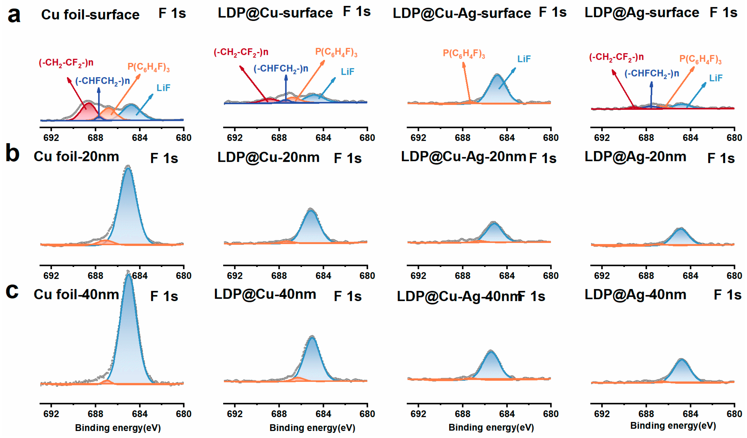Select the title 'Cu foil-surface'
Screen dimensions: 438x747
pyautogui.click(x=90, y=14)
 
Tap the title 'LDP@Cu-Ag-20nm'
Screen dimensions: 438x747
pyautogui.click(x=463, y=157)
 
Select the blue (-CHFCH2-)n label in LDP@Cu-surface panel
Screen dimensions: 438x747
pyautogui.click(x=281, y=69)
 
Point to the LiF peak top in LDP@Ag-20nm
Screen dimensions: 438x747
pyautogui.click(x=681, y=229)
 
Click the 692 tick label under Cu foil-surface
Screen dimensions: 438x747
pyautogui.click(x=51, y=138)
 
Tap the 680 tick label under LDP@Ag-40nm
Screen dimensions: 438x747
pyautogui.click(x=734, y=414)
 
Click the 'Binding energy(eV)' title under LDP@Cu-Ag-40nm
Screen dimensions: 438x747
pyautogui.click(x=491, y=427)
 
